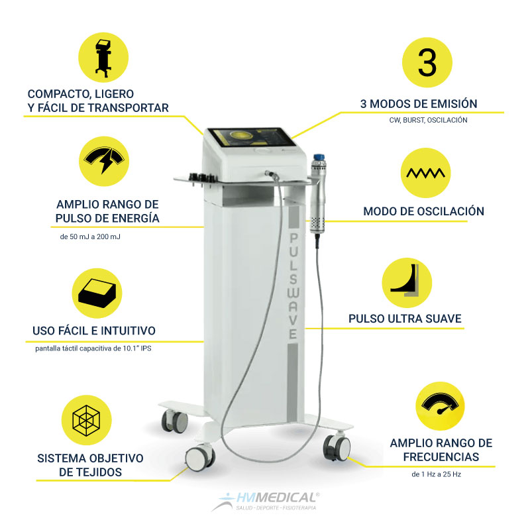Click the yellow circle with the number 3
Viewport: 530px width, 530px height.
(x=427, y=62)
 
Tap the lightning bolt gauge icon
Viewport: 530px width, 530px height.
(x=104, y=161)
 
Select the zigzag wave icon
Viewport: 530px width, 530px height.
(x=425, y=173)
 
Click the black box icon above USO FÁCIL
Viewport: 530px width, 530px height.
(x=97, y=293)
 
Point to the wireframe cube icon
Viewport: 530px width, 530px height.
(x=87, y=420)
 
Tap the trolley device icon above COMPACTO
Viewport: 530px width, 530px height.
(x=103, y=58)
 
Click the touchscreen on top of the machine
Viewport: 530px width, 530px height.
(x=252, y=137)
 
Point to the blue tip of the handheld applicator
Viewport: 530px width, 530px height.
(x=319, y=158)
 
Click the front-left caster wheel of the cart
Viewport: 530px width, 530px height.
(x=200, y=458)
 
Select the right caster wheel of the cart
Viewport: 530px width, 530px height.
(x=337, y=448)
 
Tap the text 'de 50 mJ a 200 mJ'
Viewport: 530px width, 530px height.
(x=90, y=237)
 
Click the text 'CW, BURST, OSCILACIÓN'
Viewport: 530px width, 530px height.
(x=428, y=120)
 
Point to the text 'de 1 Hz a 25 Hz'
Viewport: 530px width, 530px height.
(x=437, y=474)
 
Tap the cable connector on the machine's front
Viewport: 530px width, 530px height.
(x=272, y=175)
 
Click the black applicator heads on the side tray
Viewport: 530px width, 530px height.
(x=203, y=178)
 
